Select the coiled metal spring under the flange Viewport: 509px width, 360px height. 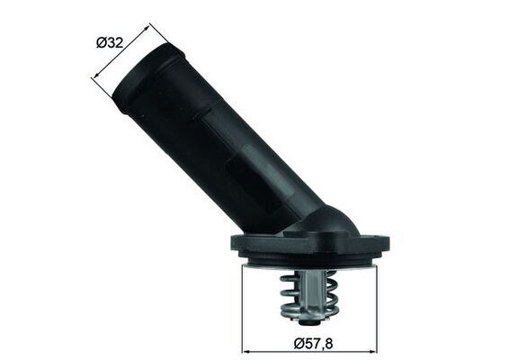(308, 296)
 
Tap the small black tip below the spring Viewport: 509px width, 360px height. (308, 320)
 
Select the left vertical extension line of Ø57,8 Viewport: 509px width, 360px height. (243, 306)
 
